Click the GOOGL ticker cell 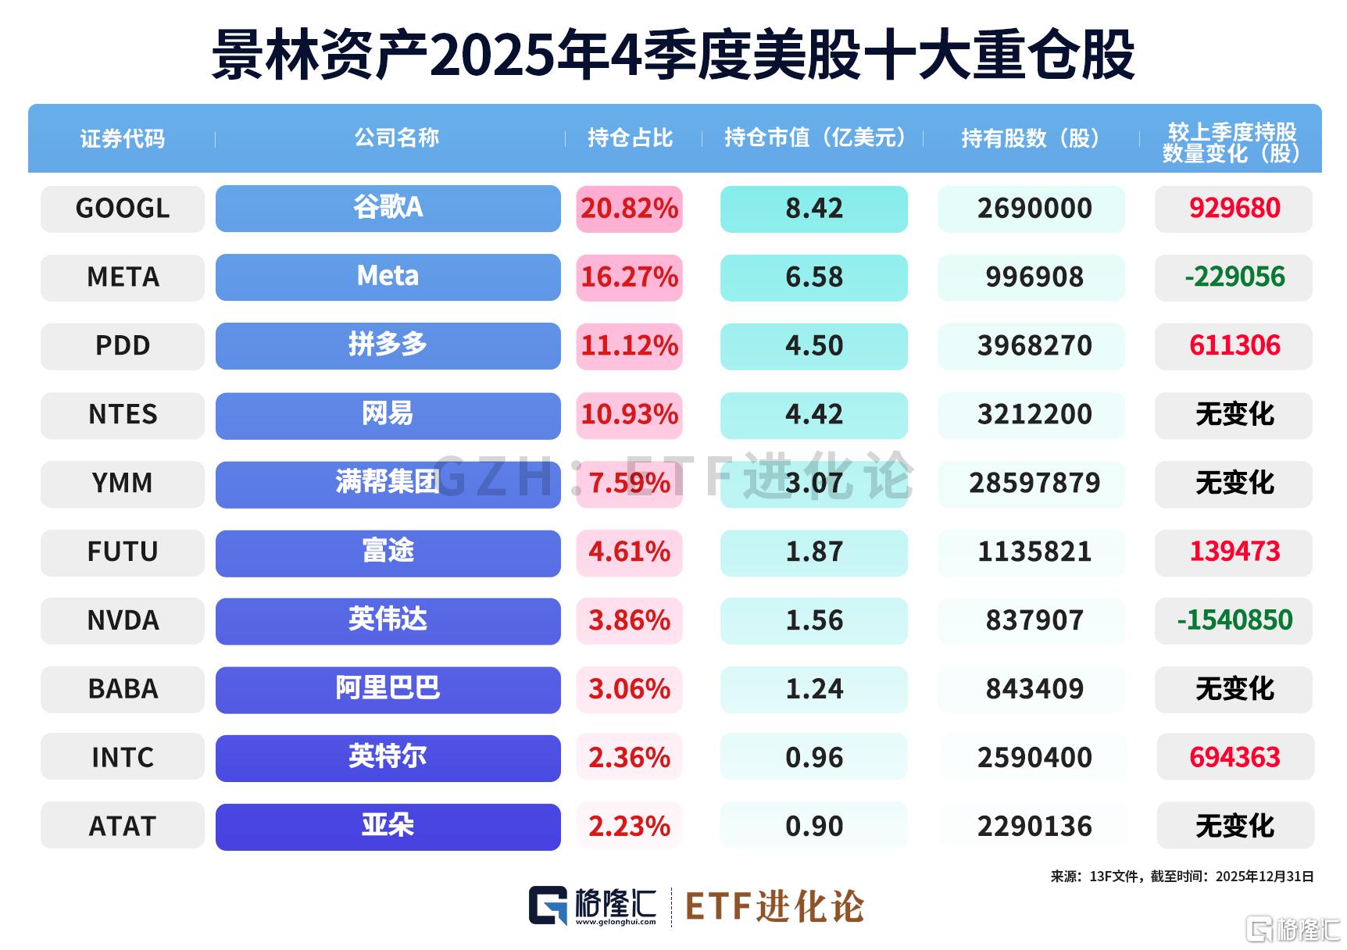[x=123, y=209]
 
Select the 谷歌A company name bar [x=388, y=209]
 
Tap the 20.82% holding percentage [x=629, y=209]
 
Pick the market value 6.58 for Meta [x=814, y=277]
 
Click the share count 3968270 [x=1034, y=346]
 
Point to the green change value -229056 [x=1234, y=277]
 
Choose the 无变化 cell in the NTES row [x=1234, y=415]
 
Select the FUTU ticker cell [x=123, y=552]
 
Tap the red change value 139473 [x=1234, y=552]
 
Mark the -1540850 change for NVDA [x=1234, y=621]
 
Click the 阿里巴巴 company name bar [x=388, y=690]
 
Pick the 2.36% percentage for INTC [x=629, y=758]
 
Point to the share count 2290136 [x=1034, y=827]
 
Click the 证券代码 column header [x=123, y=139]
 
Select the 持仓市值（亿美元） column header [x=814, y=138]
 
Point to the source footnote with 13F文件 [x=1181, y=877]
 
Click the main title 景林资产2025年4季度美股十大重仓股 [x=673, y=55]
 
